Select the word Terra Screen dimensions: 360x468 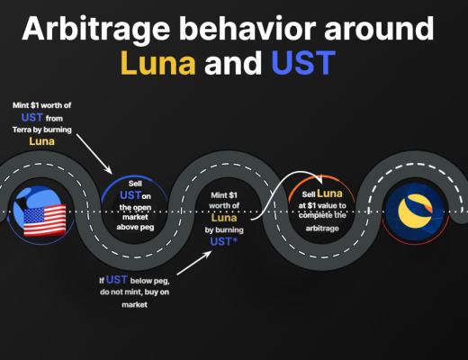(32, 130)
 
